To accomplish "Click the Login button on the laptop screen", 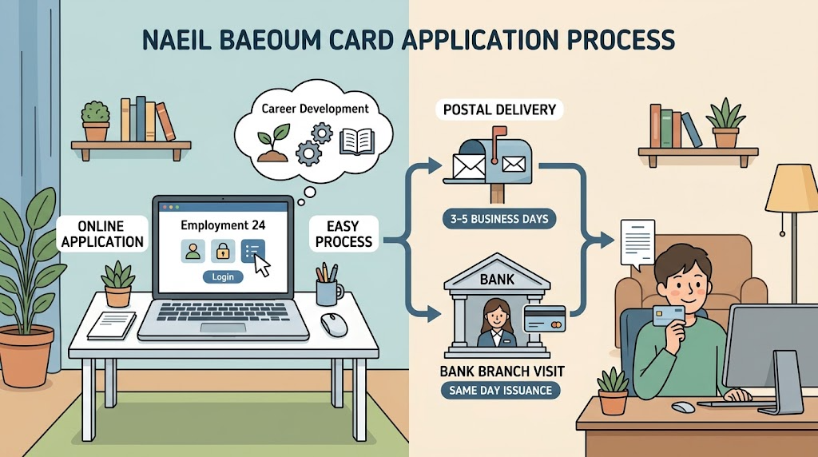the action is [x=223, y=276].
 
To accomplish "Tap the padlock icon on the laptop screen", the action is [x=223, y=251].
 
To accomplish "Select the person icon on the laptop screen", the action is [x=193, y=251].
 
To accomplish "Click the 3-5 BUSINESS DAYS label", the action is [x=498, y=219].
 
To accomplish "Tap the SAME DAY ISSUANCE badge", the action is [x=500, y=390].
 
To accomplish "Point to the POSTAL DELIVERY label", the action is [x=499, y=109].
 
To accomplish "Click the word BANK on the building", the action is [x=497, y=280].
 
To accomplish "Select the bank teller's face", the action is [x=496, y=316].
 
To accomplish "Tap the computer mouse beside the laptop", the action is [x=333, y=324].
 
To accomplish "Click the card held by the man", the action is [x=669, y=315].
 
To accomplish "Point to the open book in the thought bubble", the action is [x=357, y=141].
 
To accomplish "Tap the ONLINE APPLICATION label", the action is [x=102, y=234].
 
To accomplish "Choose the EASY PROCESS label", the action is [x=343, y=234].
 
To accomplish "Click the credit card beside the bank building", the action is [x=545, y=319].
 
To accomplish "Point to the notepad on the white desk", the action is [x=112, y=325].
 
